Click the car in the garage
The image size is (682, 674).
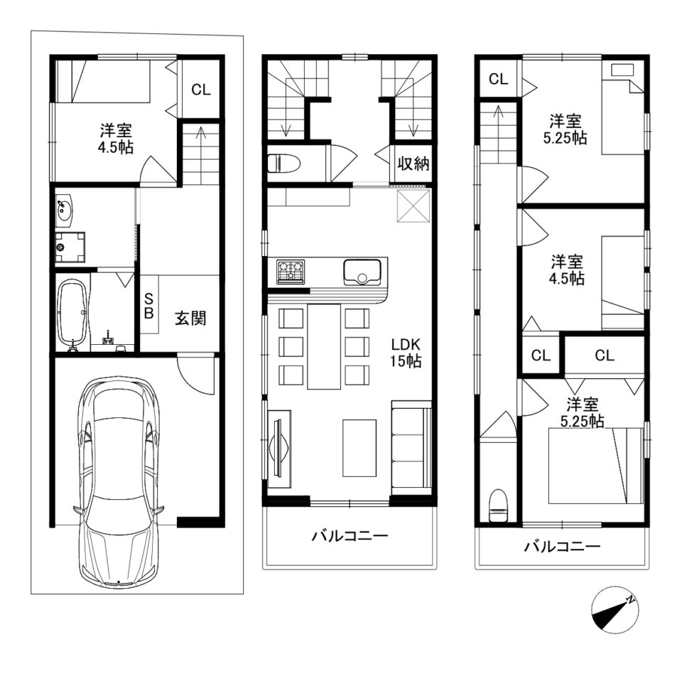[x=119, y=480]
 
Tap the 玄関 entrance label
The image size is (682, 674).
[x=190, y=319]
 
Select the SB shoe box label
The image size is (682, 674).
[x=148, y=306]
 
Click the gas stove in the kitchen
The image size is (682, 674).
[x=290, y=272]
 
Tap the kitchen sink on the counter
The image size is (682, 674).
[x=362, y=272]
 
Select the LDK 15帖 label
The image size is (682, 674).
[x=406, y=353]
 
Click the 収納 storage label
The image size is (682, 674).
[x=413, y=164]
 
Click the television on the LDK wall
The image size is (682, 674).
[x=278, y=448]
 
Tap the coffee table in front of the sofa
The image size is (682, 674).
[x=359, y=448]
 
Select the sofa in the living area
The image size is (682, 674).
[x=411, y=448]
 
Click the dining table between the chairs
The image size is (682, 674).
[x=324, y=346]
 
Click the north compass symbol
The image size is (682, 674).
[x=615, y=610]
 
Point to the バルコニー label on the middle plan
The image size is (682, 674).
[x=350, y=536]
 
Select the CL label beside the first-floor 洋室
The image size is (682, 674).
[x=201, y=90]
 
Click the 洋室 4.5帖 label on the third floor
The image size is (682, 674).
[x=567, y=270]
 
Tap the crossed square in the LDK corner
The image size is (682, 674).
[x=413, y=206]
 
